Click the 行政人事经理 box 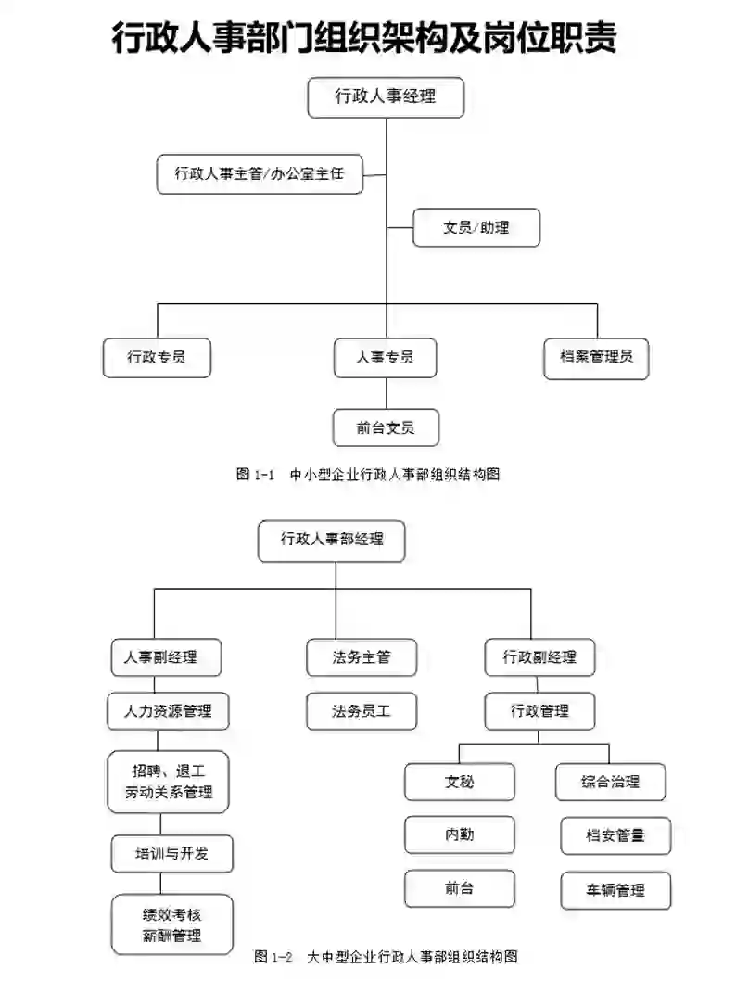click(385, 96)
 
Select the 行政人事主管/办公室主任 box click(260, 173)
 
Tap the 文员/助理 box click(476, 226)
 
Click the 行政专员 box click(157, 357)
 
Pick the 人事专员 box click(385, 357)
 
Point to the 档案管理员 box click(596, 357)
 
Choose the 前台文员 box click(385, 427)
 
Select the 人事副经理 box click(166, 657)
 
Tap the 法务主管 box click(362, 657)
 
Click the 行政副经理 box click(539, 657)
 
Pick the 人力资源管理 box click(168, 711)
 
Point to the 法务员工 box click(362, 711)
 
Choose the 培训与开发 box click(171, 853)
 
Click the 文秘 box click(459, 781)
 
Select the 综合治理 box click(610, 781)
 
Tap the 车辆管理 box click(615, 890)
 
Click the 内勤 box click(459, 834)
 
